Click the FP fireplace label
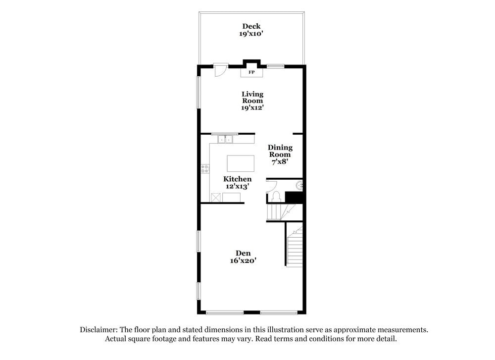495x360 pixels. point(251,73)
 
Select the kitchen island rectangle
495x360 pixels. point(241,163)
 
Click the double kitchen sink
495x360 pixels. point(225,139)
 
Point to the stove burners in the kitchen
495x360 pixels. point(205,169)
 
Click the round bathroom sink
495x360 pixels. point(299,186)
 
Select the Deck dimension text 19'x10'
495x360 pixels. point(251,34)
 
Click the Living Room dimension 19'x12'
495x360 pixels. point(252,107)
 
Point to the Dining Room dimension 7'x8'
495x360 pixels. point(280,161)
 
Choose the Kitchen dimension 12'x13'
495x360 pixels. point(237,186)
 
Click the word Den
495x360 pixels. point(243,253)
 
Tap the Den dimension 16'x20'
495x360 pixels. point(243,260)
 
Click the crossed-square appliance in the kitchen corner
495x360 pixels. point(215,198)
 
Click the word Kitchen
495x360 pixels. point(237,179)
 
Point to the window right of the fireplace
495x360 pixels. point(275,66)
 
